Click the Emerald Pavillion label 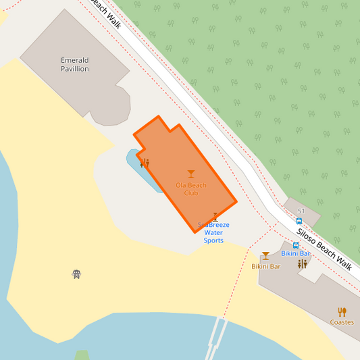pos(74,64)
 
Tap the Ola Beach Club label pos(191,189)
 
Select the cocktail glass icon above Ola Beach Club pos(191,174)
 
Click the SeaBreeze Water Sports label pos(213,232)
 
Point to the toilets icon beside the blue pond pos(145,163)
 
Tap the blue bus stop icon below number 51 pos(299,221)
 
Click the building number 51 pos(301,211)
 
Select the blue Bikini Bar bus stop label pos(295,253)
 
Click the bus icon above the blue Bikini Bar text pos(296,245)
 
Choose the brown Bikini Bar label pos(265,266)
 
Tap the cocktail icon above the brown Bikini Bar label pos(265,256)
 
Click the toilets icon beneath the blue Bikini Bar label pos(302,264)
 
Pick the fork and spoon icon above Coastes pos(342,312)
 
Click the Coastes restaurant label pos(342,322)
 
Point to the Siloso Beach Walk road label pos(324,249)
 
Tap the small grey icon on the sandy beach pos(76,274)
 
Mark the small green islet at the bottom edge pos(82,355)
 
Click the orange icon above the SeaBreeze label pos(215,217)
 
